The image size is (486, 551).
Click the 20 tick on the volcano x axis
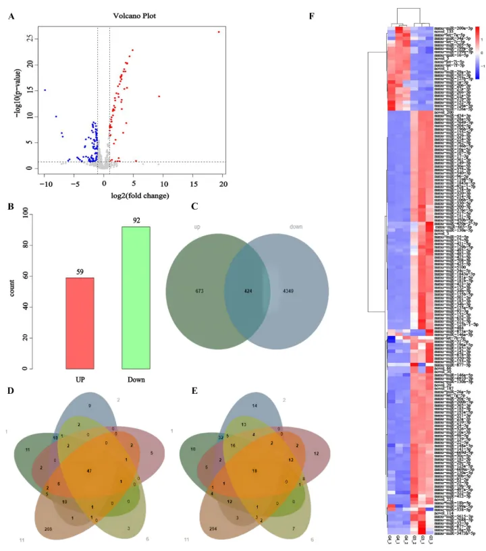[x=223, y=183]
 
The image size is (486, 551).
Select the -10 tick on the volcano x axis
[x=45, y=183]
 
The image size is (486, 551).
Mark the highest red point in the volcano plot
[x=219, y=32]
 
